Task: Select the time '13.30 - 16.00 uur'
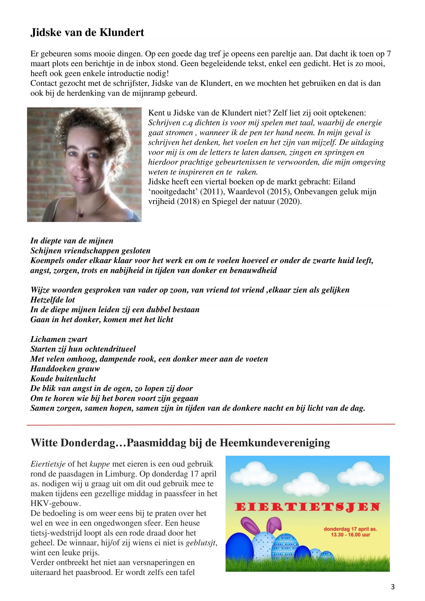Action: (350, 535)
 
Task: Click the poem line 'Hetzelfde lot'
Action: (53, 300)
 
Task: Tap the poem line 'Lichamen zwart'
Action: (59, 339)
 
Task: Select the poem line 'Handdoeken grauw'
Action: (65, 369)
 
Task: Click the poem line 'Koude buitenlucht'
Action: (63, 379)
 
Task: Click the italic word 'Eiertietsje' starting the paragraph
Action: (48, 464)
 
